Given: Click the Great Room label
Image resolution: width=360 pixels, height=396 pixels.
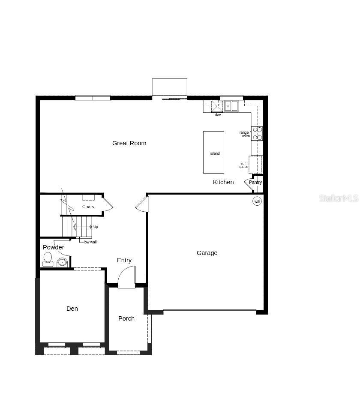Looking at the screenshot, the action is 129,143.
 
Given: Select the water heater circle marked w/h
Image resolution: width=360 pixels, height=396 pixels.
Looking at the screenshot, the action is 257,201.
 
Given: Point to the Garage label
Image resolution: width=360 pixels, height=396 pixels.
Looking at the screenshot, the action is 207,253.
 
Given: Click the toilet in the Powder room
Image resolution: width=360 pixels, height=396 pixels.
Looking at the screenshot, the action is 48,259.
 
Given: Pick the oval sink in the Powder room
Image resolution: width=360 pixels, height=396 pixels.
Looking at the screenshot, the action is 62,262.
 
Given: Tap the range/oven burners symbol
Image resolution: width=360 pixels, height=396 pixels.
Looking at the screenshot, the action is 257,133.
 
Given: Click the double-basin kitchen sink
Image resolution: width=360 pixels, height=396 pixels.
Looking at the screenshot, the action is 231,106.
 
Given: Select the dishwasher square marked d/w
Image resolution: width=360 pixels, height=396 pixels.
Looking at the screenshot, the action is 217,106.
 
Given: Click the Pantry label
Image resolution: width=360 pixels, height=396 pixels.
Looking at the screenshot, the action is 255,182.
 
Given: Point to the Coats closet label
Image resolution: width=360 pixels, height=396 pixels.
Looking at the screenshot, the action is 88,207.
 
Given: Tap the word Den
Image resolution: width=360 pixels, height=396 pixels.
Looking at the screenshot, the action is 72,309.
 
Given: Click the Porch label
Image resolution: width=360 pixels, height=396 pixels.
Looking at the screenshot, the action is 126,318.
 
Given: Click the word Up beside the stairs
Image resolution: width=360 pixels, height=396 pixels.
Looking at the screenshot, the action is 96,227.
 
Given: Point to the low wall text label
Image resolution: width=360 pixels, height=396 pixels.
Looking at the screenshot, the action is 90,242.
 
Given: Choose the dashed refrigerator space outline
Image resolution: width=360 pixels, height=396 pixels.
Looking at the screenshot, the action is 255,165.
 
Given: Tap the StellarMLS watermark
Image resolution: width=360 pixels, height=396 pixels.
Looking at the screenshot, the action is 339,198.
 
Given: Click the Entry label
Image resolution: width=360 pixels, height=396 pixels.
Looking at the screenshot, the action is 124,260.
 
